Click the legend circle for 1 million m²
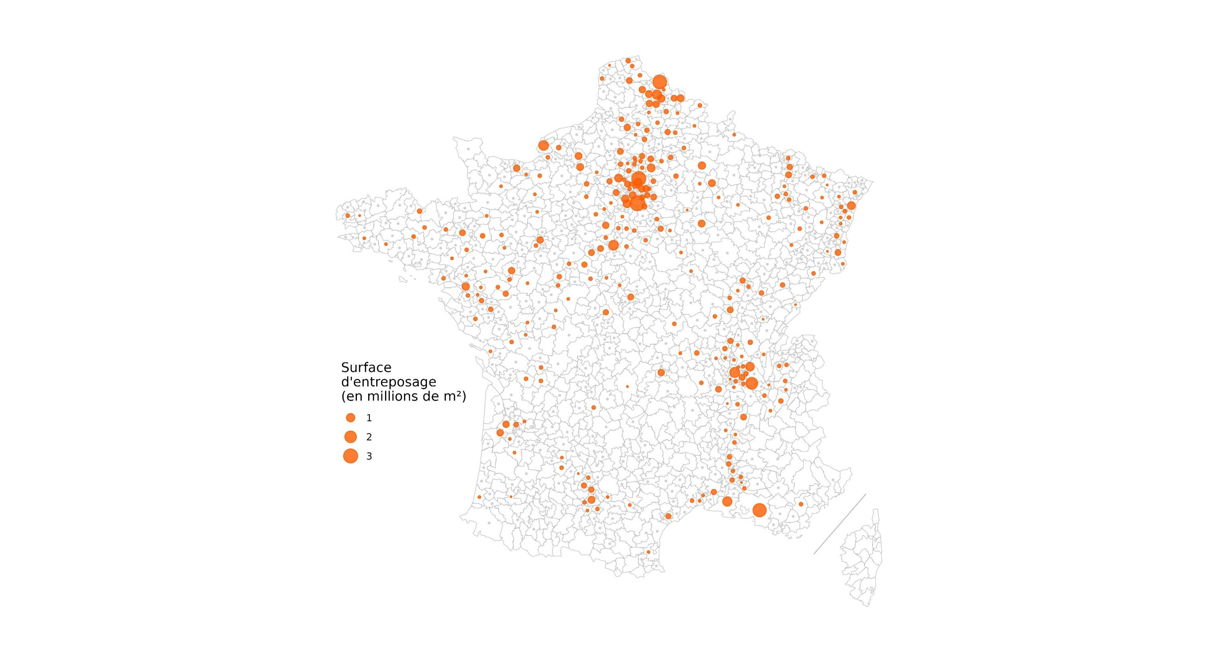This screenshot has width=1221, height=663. point(350,418)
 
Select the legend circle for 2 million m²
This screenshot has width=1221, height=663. point(350,437)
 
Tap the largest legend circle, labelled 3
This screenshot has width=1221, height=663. point(350,456)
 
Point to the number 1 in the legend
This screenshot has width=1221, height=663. point(369,419)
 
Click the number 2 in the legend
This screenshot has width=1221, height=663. point(369,437)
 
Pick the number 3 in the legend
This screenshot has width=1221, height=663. point(369,457)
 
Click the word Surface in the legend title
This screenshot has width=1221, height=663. point(366,368)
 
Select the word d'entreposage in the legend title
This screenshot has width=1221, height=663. point(388,382)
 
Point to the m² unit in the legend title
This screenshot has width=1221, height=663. point(452,397)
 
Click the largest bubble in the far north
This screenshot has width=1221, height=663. point(660,82)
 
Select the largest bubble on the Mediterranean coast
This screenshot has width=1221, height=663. point(759,510)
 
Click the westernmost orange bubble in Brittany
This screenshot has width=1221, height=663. point(347,215)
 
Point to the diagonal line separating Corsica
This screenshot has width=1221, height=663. point(840,524)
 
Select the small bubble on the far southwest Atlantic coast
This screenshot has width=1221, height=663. point(479,497)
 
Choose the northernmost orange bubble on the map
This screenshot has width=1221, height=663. point(628,61)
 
